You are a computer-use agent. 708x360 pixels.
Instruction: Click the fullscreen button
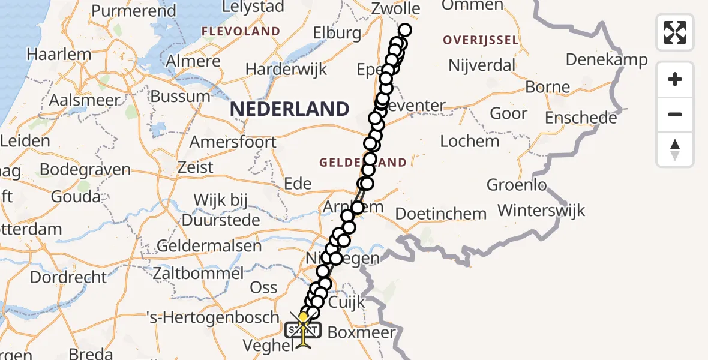[x=675, y=32]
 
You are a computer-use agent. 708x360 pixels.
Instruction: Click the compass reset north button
[x=675, y=149]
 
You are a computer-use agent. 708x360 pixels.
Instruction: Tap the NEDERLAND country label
[x=289, y=109]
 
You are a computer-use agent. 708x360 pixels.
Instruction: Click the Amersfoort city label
[x=233, y=142]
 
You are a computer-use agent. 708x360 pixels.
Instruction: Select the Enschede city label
[x=581, y=117]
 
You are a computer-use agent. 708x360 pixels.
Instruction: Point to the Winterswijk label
[x=541, y=211]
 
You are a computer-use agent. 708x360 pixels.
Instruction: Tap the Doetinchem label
[x=441, y=214]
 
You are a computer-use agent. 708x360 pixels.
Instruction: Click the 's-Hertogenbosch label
[x=214, y=316]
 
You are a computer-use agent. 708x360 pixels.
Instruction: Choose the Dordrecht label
[x=68, y=277]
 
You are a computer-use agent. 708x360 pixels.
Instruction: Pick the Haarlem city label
[x=59, y=54]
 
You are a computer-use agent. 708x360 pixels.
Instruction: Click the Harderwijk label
[x=287, y=69]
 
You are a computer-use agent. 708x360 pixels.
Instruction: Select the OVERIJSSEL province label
[x=480, y=40]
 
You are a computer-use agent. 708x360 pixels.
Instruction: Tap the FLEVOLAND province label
[x=241, y=31]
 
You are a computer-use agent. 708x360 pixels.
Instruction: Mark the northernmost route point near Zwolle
[x=405, y=30]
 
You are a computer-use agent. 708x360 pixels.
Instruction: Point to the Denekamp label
[x=607, y=59]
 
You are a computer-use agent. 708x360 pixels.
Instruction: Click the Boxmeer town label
[x=362, y=332]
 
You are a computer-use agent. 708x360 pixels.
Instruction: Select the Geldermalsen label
[x=209, y=245]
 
